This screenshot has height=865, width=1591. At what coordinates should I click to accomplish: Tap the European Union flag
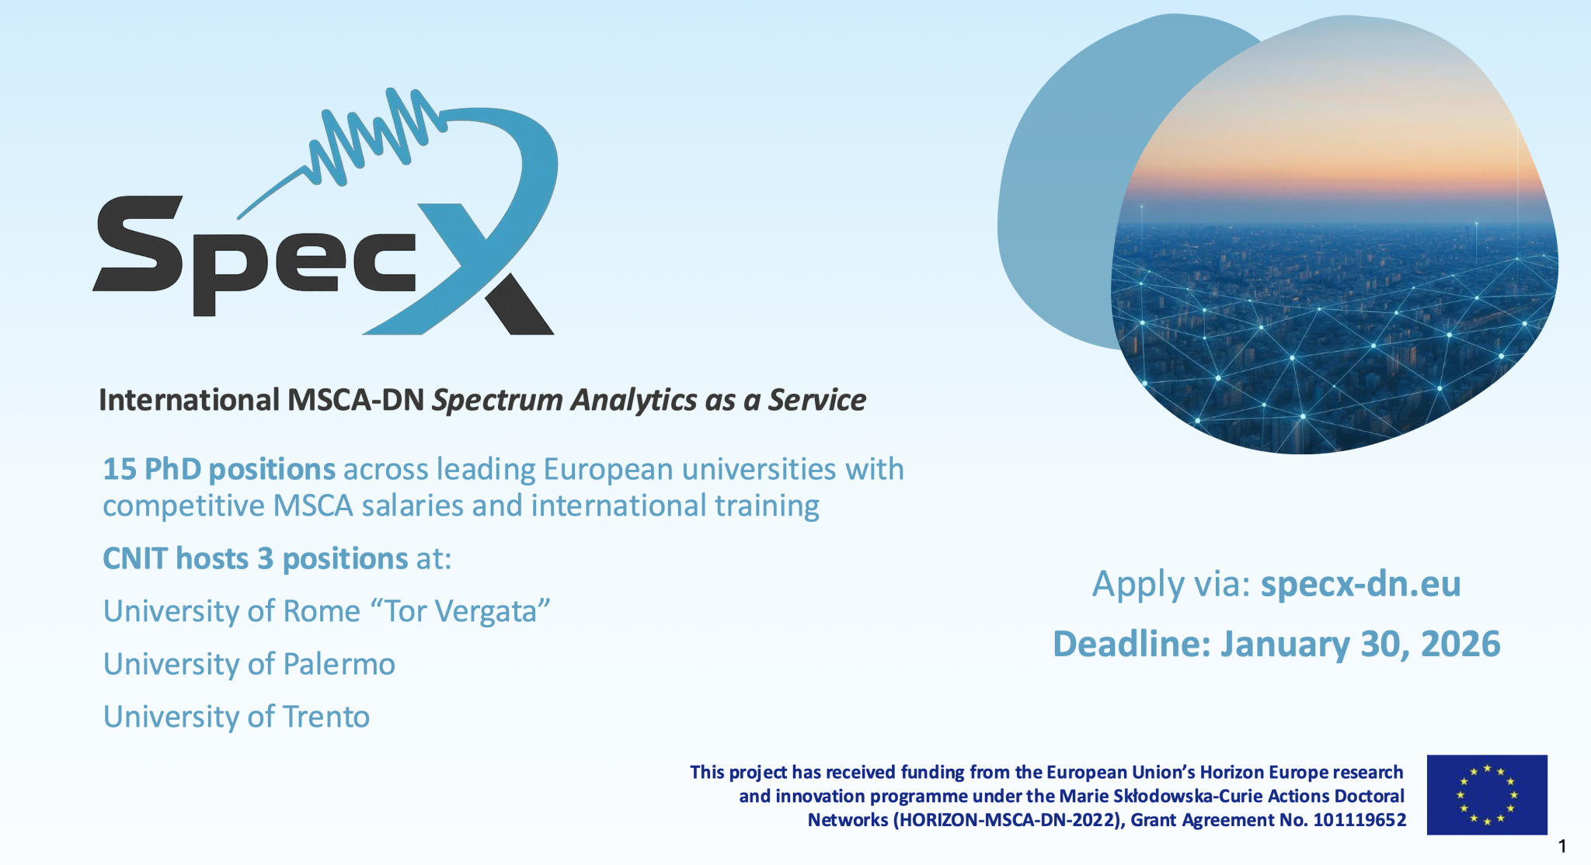1486,794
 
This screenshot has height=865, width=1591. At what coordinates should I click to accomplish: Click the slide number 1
1562,846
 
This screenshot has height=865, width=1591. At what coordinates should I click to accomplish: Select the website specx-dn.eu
1360,584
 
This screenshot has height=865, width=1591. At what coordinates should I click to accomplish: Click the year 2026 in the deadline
1460,644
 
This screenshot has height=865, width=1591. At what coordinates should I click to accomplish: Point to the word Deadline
1131,644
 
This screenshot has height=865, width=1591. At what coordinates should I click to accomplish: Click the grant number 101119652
1359,820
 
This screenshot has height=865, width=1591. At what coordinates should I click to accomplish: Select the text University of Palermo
249,664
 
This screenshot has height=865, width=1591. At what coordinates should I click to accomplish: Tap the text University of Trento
236,717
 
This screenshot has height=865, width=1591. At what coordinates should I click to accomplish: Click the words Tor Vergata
460,611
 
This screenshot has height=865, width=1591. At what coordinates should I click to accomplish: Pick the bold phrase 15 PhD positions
219,469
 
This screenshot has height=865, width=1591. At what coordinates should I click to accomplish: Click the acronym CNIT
135,559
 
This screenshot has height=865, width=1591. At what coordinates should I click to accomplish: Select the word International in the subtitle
189,400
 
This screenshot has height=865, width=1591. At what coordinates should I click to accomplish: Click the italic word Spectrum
497,400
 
